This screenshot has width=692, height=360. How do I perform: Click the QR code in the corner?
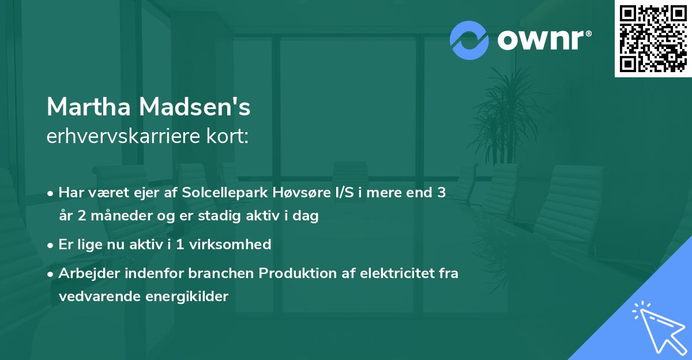coord(653,39)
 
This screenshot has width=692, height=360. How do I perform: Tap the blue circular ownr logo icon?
coord(469,40)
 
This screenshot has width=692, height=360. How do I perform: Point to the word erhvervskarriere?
coord(123,137)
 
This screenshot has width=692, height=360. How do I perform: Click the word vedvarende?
coord(92,297)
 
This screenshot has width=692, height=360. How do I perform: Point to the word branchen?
coord(223,273)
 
